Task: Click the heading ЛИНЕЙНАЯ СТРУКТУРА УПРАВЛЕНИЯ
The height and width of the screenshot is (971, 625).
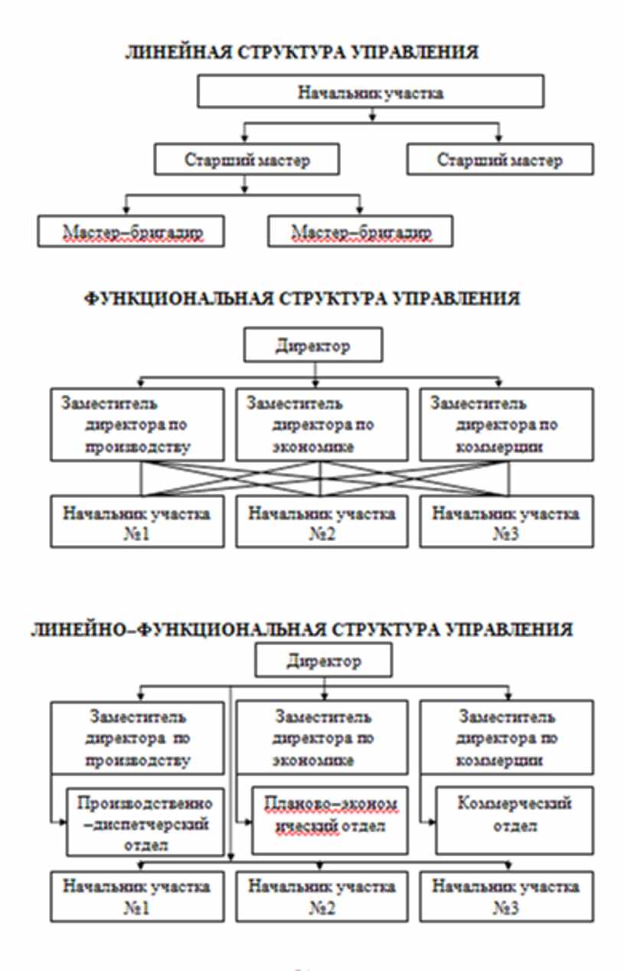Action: tap(302, 54)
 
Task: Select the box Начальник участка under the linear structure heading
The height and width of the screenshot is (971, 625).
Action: tap(371, 93)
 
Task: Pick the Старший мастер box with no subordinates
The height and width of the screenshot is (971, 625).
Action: tap(499, 160)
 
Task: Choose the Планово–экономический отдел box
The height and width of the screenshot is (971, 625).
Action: tap(332, 819)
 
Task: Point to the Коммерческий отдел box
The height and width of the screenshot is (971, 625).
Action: tap(514, 819)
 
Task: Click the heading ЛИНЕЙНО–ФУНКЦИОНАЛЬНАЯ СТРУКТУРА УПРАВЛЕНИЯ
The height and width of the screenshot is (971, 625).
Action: tap(302, 630)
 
